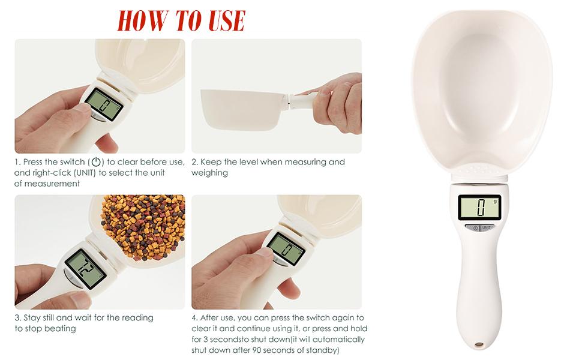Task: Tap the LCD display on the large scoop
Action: pos(479,208)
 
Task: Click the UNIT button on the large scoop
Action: pos(486,227)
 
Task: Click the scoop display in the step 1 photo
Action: pos(104,106)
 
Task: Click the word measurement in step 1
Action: pos(47,184)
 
